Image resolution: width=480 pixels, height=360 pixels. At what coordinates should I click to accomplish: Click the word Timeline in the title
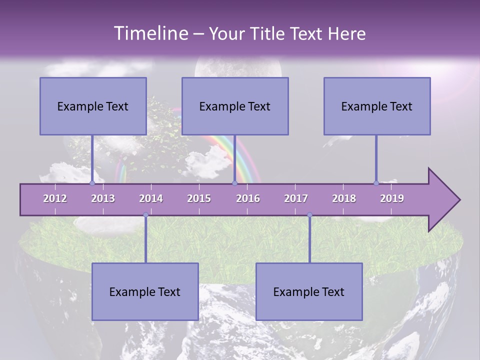[150, 33]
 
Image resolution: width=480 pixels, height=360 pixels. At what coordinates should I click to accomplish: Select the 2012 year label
[55, 198]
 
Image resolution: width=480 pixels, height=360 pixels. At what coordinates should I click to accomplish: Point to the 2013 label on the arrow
[103, 198]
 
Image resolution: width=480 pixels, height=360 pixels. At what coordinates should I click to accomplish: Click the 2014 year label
[151, 198]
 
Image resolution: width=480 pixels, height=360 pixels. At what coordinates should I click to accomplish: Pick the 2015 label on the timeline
[199, 198]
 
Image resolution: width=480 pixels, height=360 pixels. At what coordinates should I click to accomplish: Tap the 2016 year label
[248, 198]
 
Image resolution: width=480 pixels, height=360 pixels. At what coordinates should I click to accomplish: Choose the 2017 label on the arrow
[296, 198]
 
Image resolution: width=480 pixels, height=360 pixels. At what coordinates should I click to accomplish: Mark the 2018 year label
[344, 198]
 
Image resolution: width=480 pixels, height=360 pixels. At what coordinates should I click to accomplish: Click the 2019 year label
[392, 198]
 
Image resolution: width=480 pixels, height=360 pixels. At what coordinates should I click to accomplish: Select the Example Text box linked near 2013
[93, 106]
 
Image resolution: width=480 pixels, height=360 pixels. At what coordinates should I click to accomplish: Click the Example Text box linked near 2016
[235, 106]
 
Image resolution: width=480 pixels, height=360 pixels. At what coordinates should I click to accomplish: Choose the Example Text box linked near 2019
[377, 106]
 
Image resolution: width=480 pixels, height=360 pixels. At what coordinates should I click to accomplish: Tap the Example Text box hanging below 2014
[145, 291]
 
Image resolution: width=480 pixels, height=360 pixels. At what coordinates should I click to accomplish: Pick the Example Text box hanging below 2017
[309, 291]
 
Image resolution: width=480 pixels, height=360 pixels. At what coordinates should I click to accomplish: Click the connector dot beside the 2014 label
[145, 215]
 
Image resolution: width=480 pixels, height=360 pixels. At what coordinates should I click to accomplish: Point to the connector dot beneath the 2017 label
[309, 215]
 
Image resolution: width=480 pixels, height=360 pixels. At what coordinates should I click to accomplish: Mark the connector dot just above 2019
[376, 183]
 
